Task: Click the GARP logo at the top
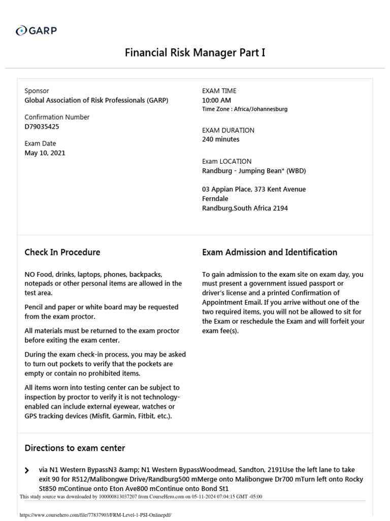36,31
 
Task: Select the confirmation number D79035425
42,127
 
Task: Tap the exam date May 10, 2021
45,153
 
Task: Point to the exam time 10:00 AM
216,100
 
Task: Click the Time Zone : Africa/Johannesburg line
245,109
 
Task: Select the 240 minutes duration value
220,139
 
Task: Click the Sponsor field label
37,91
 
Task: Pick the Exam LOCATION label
226,161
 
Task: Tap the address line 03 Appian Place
227,189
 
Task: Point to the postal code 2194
279,208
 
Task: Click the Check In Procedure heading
62,252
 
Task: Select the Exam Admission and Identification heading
269,252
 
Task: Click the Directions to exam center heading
75,448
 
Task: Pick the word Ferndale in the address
215,199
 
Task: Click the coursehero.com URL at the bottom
95,515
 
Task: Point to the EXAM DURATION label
228,130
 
